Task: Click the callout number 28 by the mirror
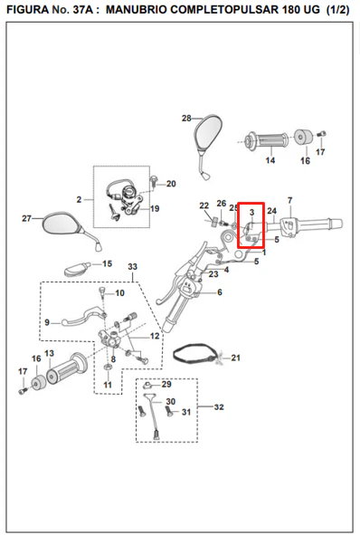[x=186, y=119]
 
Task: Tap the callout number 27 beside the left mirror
[x=26, y=218]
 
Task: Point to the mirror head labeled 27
[x=62, y=223]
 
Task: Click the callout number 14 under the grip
[x=270, y=160]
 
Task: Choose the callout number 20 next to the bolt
[x=171, y=184]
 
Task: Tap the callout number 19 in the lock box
[x=155, y=208]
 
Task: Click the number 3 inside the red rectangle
[x=252, y=212]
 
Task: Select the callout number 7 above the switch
[x=289, y=200]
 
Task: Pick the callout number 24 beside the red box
[x=271, y=211]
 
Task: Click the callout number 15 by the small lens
[x=108, y=263]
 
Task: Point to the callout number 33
[x=133, y=266]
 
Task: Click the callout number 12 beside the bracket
[x=155, y=336]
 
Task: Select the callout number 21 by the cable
[x=236, y=358]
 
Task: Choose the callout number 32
[x=219, y=407]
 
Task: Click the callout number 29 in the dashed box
[x=166, y=384]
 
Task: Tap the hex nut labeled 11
[x=108, y=368]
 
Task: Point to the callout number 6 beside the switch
[x=220, y=292]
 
